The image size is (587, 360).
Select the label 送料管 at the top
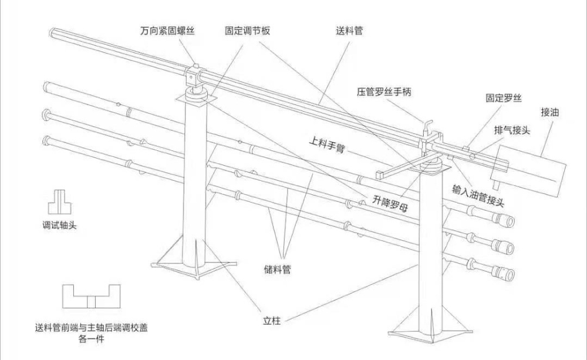(349, 31)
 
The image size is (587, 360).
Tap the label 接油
(551, 112)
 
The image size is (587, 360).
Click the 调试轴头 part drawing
(59, 201)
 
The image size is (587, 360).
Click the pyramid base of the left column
(189, 258)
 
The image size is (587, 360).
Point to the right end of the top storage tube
(507, 221)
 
